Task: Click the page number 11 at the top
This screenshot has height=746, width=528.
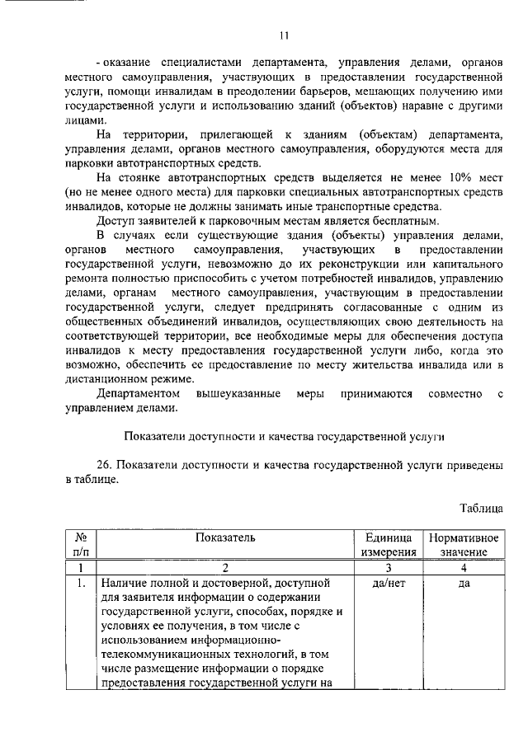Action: click(284, 35)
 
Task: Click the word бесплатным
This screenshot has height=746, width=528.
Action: click(399, 220)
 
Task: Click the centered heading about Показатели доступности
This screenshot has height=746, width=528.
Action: click(284, 436)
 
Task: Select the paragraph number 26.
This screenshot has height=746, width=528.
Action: click(106, 465)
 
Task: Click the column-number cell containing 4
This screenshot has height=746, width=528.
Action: click(462, 567)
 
